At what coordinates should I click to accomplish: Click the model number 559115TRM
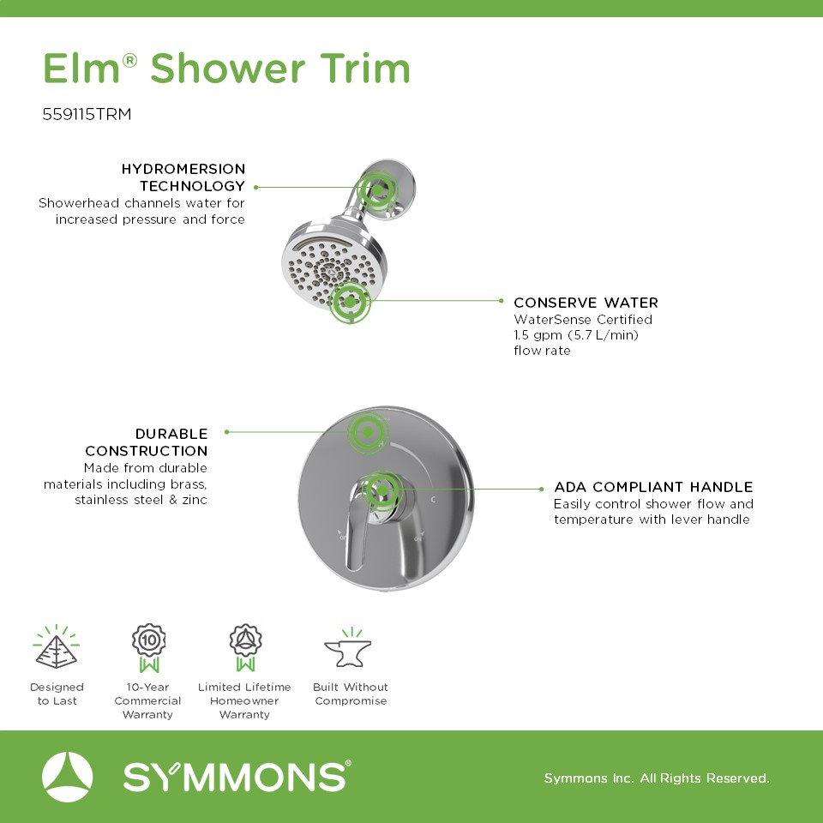click(x=87, y=114)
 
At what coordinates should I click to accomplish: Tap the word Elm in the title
click(x=81, y=69)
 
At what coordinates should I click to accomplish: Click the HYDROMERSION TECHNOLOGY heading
click(x=183, y=177)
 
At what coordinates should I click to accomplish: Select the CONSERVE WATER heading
click(x=586, y=303)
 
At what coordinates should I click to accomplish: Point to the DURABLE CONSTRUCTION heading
click(x=147, y=442)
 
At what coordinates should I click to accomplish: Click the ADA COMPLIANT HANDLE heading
click(x=653, y=487)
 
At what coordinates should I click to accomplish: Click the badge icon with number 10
click(x=148, y=648)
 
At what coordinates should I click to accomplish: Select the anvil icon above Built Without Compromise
click(x=348, y=648)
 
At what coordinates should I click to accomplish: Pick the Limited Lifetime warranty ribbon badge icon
click(x=245, y=648)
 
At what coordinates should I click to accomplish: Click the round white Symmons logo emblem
click(x=67, y=777)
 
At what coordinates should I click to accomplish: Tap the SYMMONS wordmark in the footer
click(x=237, y=777)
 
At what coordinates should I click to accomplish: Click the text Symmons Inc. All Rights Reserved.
click(x=657, y=778)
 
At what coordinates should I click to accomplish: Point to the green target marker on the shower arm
click(x=377, y=189)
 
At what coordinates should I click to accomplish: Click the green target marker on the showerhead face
click(x=350, y=303)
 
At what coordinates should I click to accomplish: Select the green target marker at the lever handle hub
click(x=382, y=490)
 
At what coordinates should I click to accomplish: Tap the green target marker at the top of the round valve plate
click(x=368, y=432)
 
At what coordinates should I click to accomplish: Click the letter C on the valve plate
click(x=433, y=499)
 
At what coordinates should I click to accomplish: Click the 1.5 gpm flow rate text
click(x=576, y=335)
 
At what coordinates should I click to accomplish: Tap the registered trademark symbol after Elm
click(x=129, y=60)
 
